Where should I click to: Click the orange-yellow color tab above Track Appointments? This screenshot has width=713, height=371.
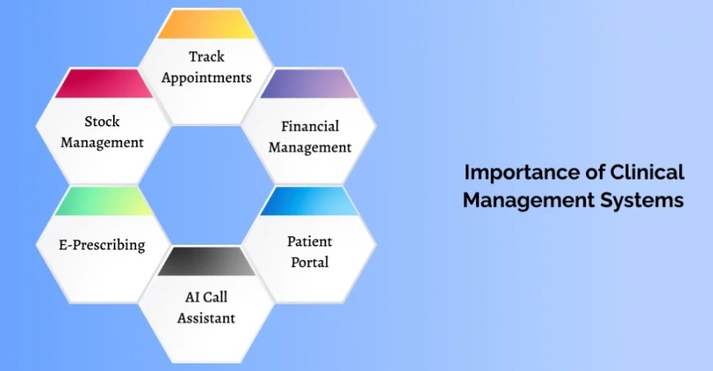click(207, 25)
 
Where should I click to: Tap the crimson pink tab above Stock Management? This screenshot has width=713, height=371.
click(104, 84)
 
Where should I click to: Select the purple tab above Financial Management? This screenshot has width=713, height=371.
click(309, 84)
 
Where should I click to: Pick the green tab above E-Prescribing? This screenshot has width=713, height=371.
click(104, 201)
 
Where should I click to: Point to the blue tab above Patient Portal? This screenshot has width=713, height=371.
click(309, 201)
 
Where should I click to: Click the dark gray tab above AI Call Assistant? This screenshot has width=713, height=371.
click(207, 261)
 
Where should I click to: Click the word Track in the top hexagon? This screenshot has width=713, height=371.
click(207, 57)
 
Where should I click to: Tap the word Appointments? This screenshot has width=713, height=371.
click(207, 78)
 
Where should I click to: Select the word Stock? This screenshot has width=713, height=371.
click(102, 121)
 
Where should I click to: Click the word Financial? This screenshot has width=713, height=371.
click(310, 126)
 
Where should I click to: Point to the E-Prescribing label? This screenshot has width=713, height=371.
click(102, 245)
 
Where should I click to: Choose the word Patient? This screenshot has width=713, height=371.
click(310, 241)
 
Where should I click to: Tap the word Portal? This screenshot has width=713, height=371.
click(310, 263)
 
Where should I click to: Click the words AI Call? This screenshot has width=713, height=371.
click(206, 297)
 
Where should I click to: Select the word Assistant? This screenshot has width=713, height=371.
click(206, 318)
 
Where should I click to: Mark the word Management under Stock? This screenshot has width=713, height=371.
click(102, 143)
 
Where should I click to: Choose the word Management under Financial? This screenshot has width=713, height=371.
click(310, 148)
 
